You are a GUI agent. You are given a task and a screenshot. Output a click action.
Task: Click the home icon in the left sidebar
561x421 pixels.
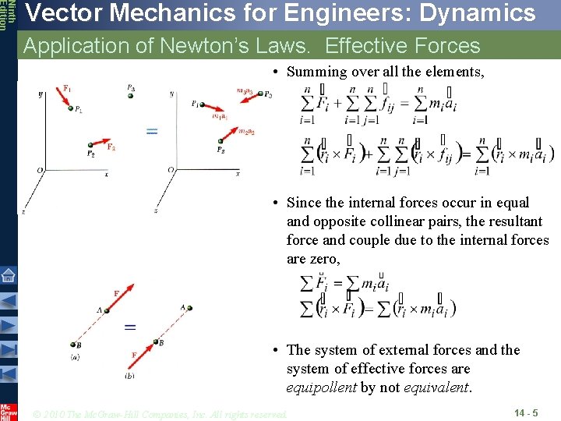tap(9, 274)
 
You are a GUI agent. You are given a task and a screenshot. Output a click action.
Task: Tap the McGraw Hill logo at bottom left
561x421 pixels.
tap(9, 412)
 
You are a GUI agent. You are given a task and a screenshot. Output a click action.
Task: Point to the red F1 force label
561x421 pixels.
tap(68, 87)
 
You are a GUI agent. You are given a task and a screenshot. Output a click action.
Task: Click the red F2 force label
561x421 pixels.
tap(111, 146)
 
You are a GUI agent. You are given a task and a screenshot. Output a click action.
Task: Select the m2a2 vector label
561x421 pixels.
tap(248, 132)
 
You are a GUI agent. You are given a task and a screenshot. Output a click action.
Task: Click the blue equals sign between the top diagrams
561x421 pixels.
tap(152, 132)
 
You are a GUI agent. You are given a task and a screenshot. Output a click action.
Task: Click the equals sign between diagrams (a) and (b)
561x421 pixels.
tap(131, 327)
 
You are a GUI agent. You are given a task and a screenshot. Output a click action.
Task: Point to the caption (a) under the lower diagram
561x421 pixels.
tap(74, 358)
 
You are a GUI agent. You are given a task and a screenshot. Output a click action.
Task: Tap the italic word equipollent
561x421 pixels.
tap(322, 387)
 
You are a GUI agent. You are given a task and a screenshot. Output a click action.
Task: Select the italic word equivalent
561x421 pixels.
tap(432, 387)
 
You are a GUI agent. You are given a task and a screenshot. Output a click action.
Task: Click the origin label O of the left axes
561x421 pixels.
tap(40, 170)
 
